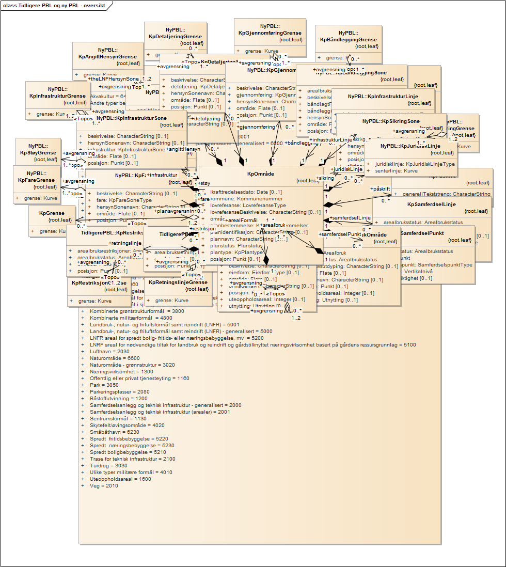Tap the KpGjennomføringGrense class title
coord(270,33)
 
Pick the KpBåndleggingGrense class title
coord(348,39)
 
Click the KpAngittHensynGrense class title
coord(107,56)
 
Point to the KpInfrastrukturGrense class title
coord(57,96)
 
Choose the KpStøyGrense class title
coord(38,153)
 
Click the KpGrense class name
coord(52,213)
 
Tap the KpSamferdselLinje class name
coord(431,204)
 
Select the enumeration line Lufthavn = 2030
coord(102,351)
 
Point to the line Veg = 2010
coord(97,485)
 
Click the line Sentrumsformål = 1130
coord(110,418)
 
